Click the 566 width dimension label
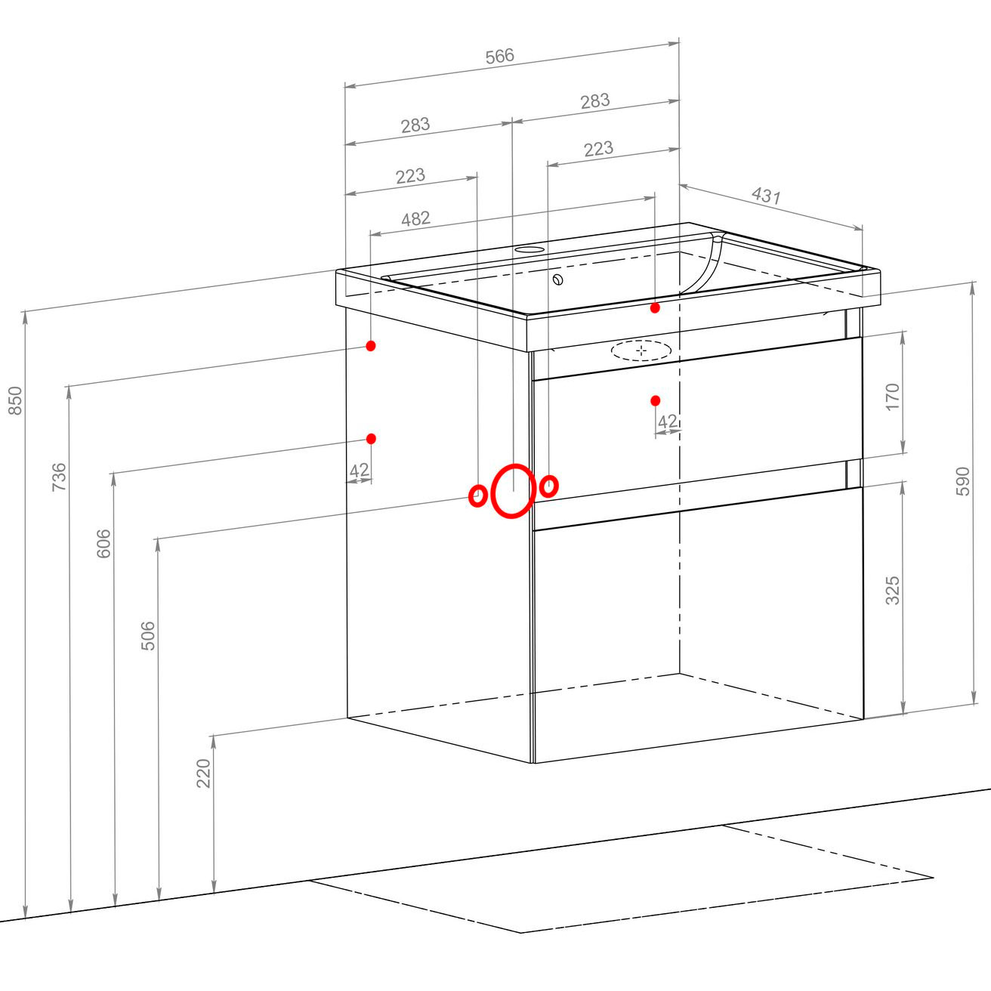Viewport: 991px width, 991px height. point(499,56)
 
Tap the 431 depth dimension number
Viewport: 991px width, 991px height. point(766,196)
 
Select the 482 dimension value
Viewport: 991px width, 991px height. point(415,219)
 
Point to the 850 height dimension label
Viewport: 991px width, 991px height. point(15,400)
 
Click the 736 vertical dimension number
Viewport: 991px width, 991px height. point(59,477)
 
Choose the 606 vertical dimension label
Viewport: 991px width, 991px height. point(103,544)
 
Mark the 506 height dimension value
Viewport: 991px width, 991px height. point(147,636)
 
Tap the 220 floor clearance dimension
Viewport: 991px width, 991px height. point(204,773)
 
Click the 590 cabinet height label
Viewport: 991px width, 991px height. point(963,481)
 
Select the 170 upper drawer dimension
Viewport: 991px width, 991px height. point(893,397)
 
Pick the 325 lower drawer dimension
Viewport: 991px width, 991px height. point(893,591)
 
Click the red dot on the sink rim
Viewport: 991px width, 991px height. point(655,308)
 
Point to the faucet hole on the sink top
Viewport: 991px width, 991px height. point(529,250)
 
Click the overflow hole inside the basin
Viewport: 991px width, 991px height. point(558,279)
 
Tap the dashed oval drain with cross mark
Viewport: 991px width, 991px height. point(641,350)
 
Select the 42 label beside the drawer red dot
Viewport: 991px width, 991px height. point(668,421)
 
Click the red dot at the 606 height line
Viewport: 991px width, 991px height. point(371,439)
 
